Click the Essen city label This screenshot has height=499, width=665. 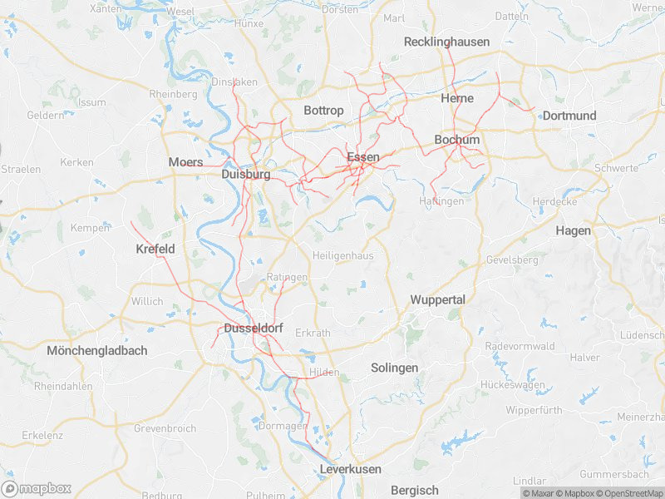coord(362,157)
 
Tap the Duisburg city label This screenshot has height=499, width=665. coord(246,175)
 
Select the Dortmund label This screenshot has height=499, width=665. coord(569,116)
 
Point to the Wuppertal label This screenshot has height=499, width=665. coord(437,299)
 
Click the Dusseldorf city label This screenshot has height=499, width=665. coord(254,329)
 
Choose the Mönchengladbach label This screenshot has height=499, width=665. coord(97,351)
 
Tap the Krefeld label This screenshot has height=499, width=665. coord(155,249)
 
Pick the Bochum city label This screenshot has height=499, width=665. coord(457,140)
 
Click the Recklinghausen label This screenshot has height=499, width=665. coord(446,42)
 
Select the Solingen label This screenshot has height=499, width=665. coord(394,368)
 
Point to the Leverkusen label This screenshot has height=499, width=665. coord(350,470)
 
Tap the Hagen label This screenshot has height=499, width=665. coord(573,230)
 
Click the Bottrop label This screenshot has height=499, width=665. coord(323,111)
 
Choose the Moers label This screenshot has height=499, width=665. coord(185,161)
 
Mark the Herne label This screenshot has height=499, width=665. coord(457,98)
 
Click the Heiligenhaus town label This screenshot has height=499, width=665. coord(343,256)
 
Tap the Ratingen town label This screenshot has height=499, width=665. coord(288,277)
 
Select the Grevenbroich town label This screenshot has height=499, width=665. coord(165,429)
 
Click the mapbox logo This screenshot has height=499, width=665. coord(37,488)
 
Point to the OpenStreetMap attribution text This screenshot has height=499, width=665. coord(629,493)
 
